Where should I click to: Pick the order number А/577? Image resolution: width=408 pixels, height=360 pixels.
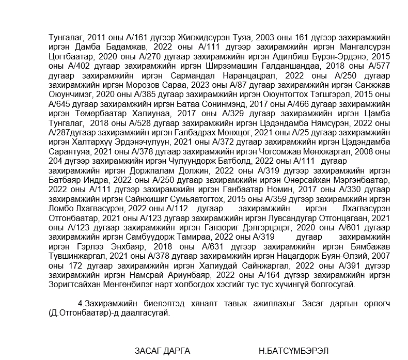pos(378,66)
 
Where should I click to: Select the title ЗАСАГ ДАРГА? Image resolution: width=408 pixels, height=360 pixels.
pos(163,351)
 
